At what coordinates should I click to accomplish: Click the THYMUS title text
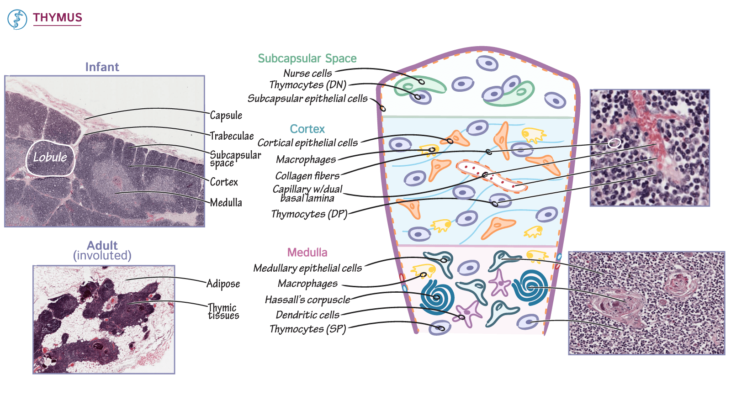coord(57,17)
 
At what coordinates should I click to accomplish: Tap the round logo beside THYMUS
coord(17,20)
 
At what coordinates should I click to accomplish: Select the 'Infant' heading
coord(102,67)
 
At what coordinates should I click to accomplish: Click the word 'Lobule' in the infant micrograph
coord(50,158)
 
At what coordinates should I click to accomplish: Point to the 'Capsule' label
coord(226,115)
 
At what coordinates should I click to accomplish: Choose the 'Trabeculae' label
coord(232,136)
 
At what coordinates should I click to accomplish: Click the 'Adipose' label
coord(223,284)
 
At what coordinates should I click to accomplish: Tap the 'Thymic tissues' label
coord(223,311)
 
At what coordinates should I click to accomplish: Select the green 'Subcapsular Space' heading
coord(307,58)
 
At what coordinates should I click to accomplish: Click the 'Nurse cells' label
coord(307,73)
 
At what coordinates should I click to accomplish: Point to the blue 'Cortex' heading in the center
coord(307,129)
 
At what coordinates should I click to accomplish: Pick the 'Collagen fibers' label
coord(307,176)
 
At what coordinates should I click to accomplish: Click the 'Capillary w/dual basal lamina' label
coord(307,193)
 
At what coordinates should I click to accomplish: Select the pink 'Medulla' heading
coord(307,252)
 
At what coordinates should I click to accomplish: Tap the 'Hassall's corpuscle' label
coord(307,300)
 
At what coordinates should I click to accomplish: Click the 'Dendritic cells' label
coord(307,315)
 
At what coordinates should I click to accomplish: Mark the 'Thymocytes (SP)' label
coord(307,329)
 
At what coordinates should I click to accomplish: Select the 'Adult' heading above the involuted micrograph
coord(102,245)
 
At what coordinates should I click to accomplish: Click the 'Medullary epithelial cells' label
coord(307,268)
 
